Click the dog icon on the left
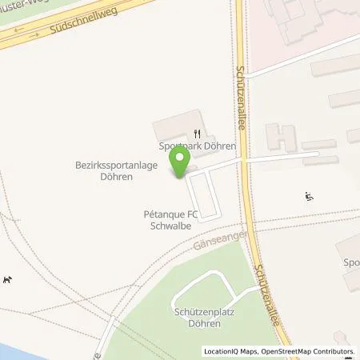(9, 279)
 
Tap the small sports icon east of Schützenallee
(309, 195)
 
